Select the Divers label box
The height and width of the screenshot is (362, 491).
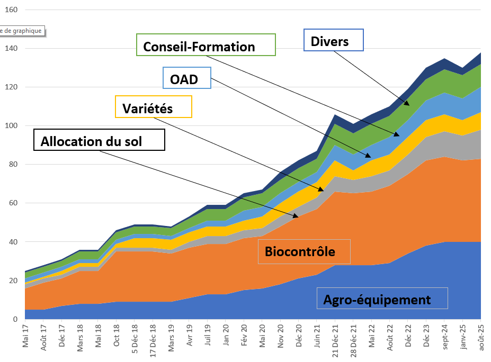click(x=333, y=40)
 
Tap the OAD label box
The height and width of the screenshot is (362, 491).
click(x=187, y=78)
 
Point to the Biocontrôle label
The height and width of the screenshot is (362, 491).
click(x=304, y=251)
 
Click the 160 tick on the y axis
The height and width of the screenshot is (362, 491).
click(x=11, y=10)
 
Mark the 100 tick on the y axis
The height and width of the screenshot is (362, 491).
click(x=11, y=126)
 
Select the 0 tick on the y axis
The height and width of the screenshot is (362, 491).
click(x=15, y=319)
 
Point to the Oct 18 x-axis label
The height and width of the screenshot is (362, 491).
click(x=117, y=336)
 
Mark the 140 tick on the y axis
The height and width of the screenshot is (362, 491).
click(x=11, y=49)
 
